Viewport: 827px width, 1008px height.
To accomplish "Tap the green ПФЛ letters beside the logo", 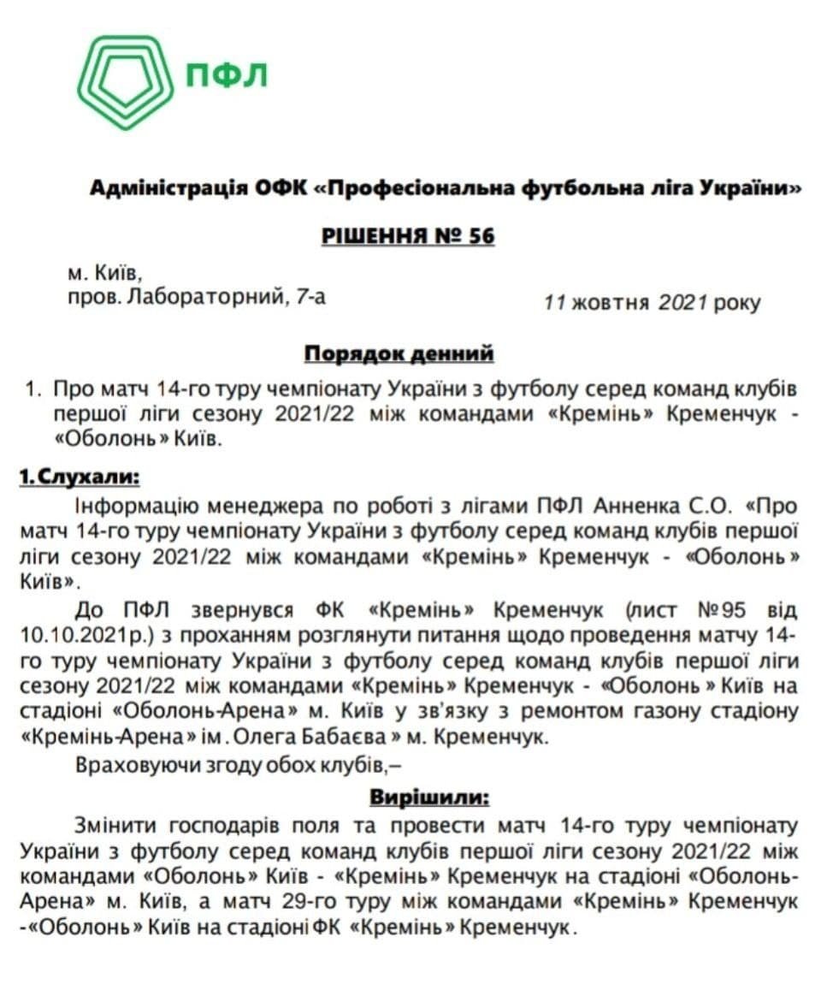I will tap(227, 74).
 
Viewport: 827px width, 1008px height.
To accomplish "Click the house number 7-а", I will tap(309, 298).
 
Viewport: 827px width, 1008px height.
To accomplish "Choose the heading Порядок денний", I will tap(399, 353).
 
